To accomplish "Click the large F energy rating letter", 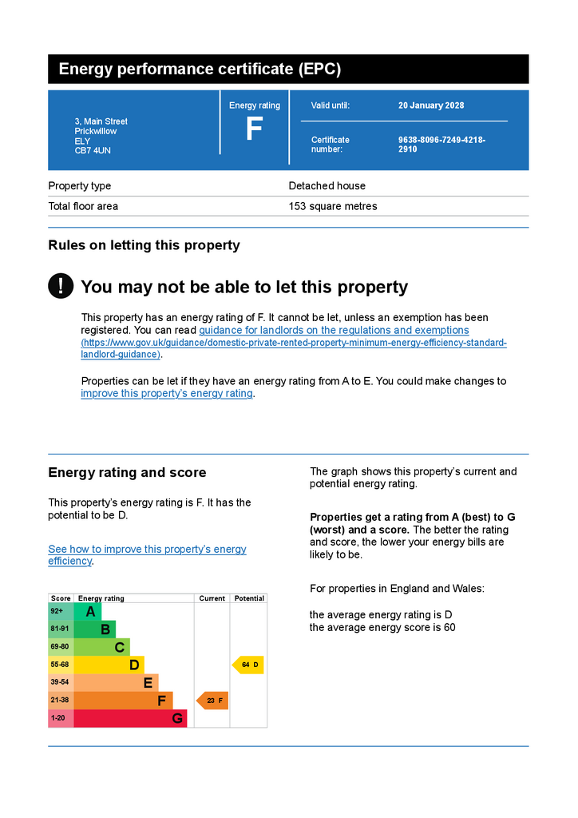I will click(x=254, y=130).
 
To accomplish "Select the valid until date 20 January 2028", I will click(x=431, y=105).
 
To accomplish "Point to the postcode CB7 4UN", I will click(x=93, y=150).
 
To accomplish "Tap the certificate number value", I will click(x=441, y=145).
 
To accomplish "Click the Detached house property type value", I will click(x=327, y=186).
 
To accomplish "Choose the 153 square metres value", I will click(x=332, y=206).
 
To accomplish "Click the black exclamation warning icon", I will click(x=61, y=286).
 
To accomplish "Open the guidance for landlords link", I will click(x=334, y=330).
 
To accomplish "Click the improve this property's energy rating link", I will click(x=167, y=393).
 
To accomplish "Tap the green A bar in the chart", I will click(x=88, y=612).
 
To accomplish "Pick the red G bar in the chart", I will click(x=130, y=718).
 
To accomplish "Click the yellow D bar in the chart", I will click(x=109, y=665).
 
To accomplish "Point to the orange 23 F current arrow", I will click(x=212, y=701).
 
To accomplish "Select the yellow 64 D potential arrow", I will click(x=248, y=665).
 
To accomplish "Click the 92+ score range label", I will click(x=57, y=611).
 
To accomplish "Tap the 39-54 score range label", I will click(x=60, y=682).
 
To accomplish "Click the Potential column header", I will click(x=249, y=598).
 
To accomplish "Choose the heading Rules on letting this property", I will click(x=144, y=245).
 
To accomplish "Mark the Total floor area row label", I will click(x=83, y=206).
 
